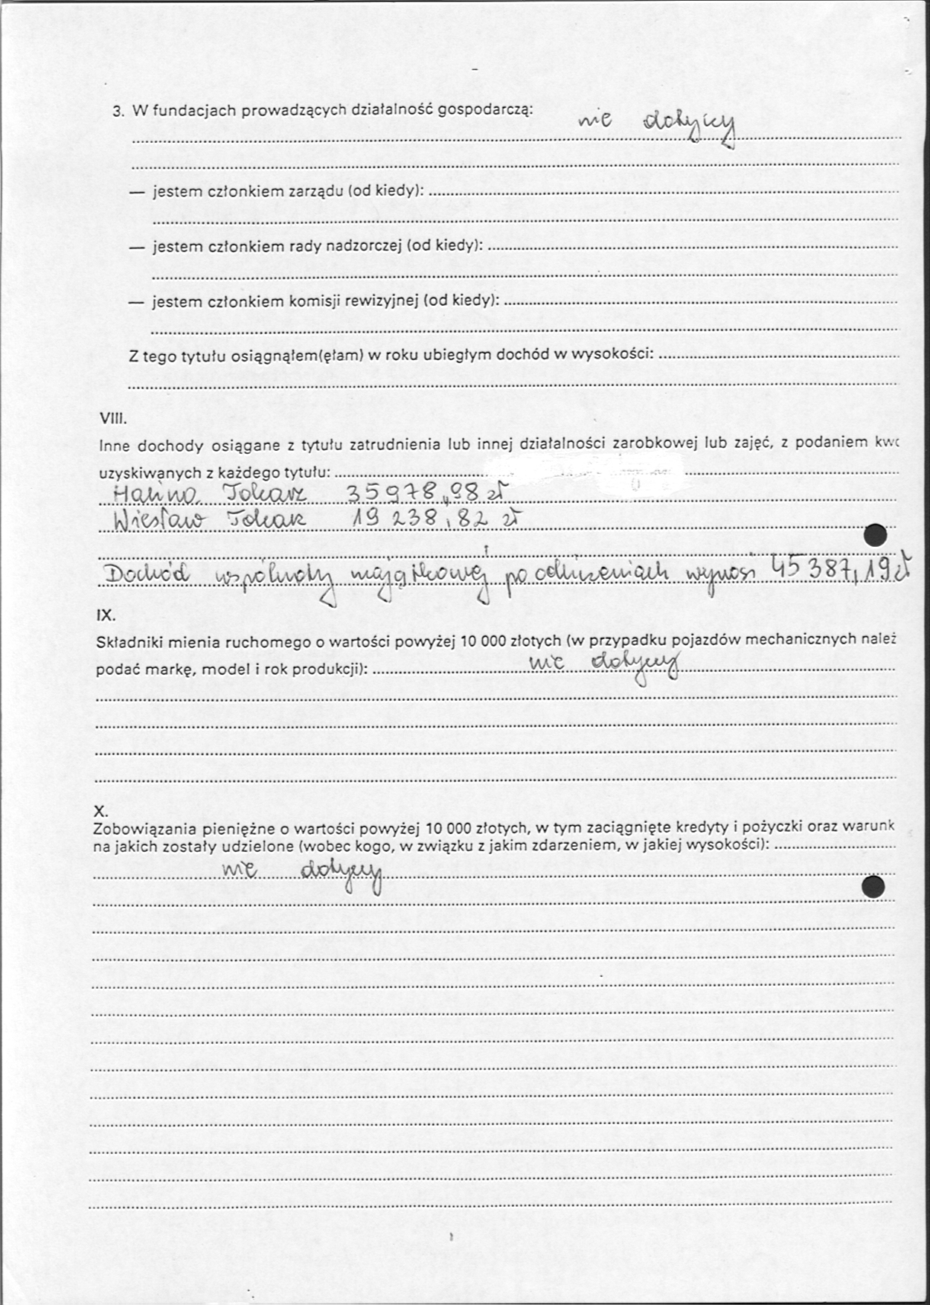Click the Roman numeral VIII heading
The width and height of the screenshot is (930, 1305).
pyautogui.click(x=113, y=418)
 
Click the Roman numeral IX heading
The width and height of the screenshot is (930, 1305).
pyautogui.click(x=106, y=615)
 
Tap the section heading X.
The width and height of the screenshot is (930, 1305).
pyautogui.click(x=103, y=810)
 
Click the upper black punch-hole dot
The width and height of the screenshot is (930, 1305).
pyautogui.click(x=876, y=535)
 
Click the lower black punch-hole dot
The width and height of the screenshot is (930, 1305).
pyautogui.click(x=873, y=887)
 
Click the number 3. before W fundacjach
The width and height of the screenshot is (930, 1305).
pyautogui.click(x=118, y=112)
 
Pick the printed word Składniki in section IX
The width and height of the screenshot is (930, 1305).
pyautogui.click(x=128, y=641)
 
